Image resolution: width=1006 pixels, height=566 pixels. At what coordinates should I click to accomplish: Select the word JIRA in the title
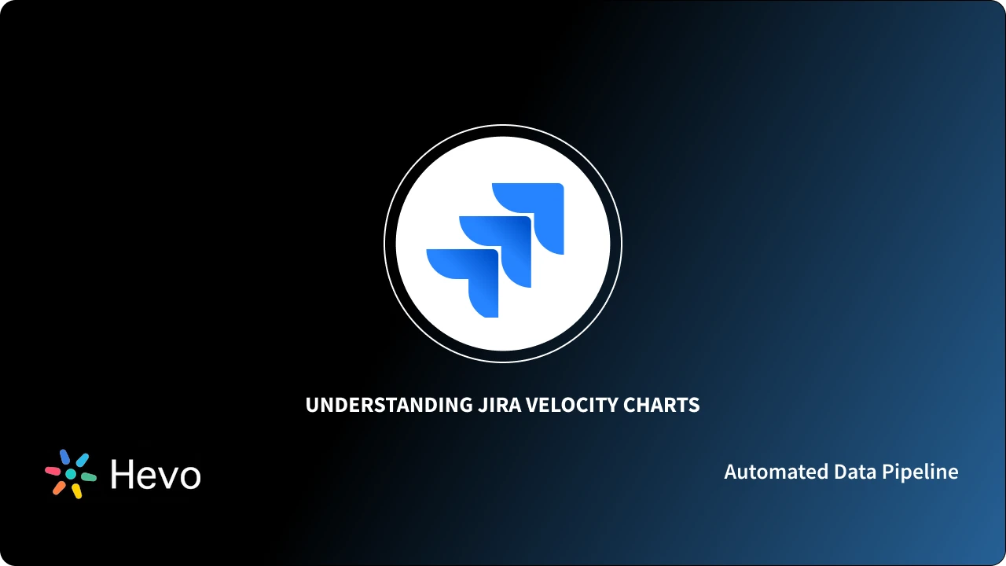point(497,405)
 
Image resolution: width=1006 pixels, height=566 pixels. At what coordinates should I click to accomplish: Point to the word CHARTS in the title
point(661,405)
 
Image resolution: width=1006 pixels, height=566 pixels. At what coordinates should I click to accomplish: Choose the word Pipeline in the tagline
point(920,472)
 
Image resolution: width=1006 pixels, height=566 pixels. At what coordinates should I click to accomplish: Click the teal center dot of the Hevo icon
point(71,474)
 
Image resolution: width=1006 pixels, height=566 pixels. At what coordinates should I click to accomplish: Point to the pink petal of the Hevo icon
point(53,471)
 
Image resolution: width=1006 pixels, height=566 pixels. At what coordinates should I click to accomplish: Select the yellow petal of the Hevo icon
point(77,491)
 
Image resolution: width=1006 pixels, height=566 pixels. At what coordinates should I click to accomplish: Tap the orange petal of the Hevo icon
point(59,487)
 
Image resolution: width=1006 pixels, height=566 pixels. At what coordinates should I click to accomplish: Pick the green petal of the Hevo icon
point(89,477)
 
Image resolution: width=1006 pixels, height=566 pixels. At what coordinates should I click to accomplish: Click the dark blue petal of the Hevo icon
point(64,457)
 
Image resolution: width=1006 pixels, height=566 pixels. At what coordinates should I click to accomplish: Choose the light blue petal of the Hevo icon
point(82,459)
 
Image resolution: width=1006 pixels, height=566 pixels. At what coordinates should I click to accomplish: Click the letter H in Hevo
point(123,474)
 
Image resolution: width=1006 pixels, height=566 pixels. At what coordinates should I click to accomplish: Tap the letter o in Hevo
point(189,477)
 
